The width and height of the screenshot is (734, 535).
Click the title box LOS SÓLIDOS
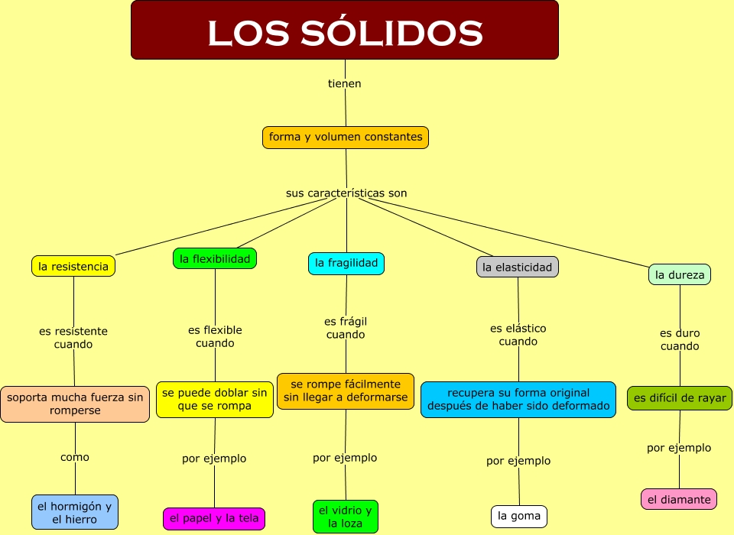345,31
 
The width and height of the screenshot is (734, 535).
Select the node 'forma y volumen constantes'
346,138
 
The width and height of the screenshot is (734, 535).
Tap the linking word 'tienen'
345,83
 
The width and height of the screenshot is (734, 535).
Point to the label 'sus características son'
346,193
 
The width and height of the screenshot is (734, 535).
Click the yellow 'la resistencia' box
73,266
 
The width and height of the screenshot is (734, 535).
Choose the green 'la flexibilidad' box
215,259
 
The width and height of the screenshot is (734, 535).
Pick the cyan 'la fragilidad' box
346,264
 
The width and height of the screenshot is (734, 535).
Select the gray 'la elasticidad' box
518,267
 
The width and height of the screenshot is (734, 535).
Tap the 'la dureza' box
680,275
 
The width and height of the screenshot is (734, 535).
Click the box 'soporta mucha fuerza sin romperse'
75,404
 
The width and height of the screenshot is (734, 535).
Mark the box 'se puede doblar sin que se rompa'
215,400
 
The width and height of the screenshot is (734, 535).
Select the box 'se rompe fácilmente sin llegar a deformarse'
346,391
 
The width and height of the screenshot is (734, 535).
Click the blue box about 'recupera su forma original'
518,400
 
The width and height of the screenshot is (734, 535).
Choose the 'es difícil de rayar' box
680,398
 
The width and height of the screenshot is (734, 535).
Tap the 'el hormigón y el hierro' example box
75,513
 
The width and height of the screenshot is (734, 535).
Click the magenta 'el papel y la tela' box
214,518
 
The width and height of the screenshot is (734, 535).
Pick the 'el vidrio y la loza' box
346,517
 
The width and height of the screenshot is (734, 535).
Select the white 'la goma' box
519,516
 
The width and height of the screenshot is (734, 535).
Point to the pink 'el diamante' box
679,500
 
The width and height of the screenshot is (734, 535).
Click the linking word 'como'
75,457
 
